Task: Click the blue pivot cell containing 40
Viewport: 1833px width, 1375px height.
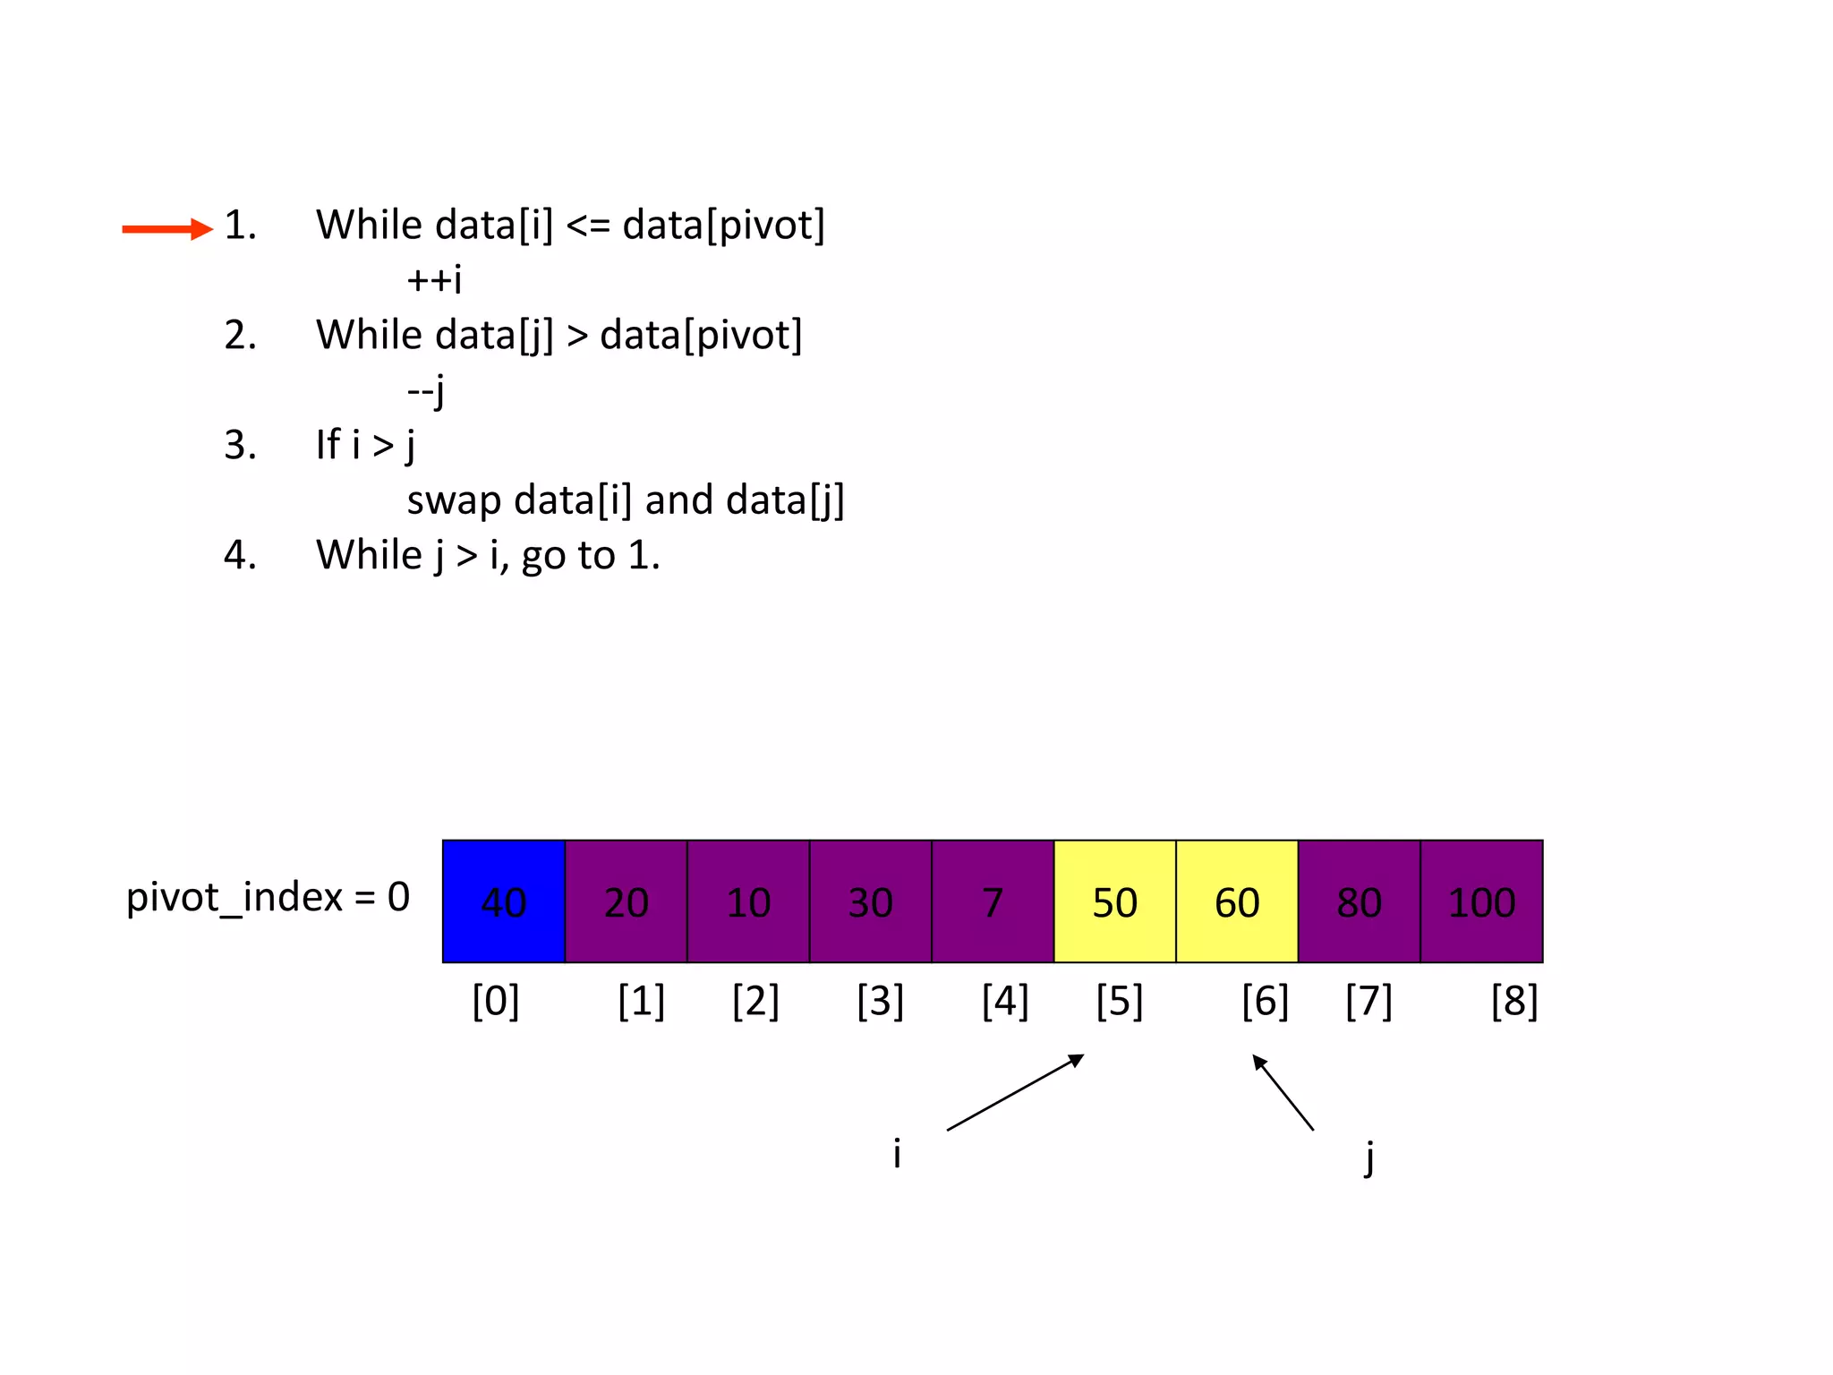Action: pyautogui.click(x=504, y=901)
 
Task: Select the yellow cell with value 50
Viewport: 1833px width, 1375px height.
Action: pyautogui.click(x=1114, y=901)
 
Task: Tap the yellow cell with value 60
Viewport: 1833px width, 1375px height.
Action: pyautogui.click(x=1237, y=901)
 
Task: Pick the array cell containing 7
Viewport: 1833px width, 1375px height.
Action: pyautogui.click(x=993, y=901)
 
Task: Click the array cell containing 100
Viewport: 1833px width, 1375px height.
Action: pyautogui.click(x=1481, y=901)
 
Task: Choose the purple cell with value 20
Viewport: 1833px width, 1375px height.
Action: pyautogui.click(x=626, y=901)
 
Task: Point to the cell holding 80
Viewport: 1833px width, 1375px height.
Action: pyautogui.click(x=1359, y=901)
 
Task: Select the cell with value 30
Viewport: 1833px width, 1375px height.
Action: pyautogui.click(x=870, y=901)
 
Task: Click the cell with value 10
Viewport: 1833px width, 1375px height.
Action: pyautogui.click(x=748, y=901)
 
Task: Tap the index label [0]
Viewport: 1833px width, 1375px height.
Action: pyautogui.click(x=496, y=1001)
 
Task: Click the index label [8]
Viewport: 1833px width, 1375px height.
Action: pyautogui.click(x=1514, y=1001)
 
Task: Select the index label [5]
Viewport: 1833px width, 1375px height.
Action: pyautogui.click(x=1120, y=1001)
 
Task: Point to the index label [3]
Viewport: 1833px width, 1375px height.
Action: pyautogui.click(x=881, y=1001)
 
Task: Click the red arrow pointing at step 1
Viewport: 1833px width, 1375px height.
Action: pyautogui.click(x=167, y=229)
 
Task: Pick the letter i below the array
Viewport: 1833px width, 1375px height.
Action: pyautogui.click(x=897, y=1153)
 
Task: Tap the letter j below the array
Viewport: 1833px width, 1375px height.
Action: pyautogui.click(x=1368, y=1157)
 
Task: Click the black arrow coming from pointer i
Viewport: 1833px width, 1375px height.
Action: pyautogui.click(x=1015, y=1093)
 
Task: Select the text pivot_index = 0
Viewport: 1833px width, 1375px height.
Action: pyautogui.click(x=268, y=897)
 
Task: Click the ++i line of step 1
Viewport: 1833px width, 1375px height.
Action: pyautogui.click(x=435, y=280)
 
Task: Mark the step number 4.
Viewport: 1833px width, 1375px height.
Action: pyautogui.click(x=240, y=555)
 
